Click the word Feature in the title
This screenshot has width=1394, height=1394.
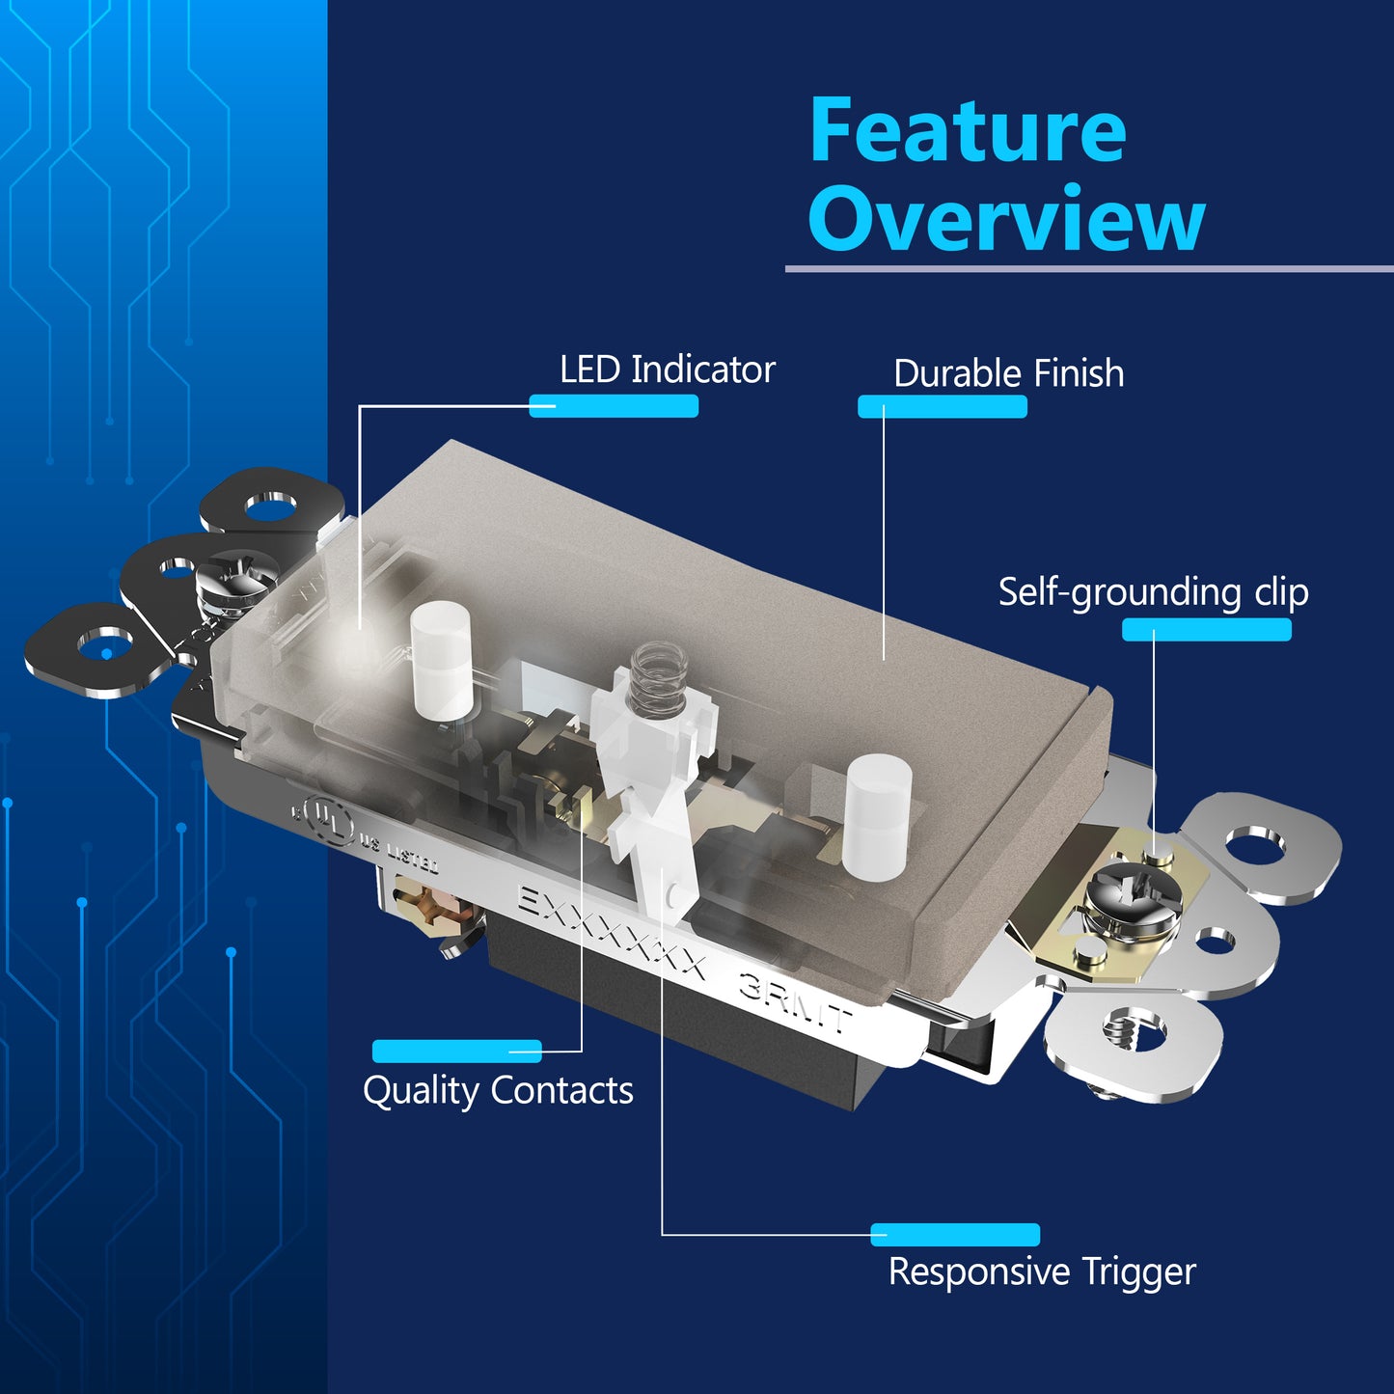point(968,130)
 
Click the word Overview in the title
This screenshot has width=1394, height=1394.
point(1006,218)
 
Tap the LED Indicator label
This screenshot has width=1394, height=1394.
point(667,369)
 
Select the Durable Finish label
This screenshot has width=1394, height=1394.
point(1008,373)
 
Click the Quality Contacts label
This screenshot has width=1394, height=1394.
point(498,1090)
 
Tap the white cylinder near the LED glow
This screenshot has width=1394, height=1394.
point(442,660)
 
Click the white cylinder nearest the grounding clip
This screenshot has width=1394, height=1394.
point(877,817)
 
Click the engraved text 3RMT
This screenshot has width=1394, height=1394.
point(794,1002)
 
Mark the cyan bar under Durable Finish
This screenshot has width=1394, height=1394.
point(943,406)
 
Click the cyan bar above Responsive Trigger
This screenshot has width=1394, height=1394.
point(955,1235)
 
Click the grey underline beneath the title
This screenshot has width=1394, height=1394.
point(1089,270)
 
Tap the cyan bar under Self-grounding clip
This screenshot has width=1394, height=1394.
point(1207,630)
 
